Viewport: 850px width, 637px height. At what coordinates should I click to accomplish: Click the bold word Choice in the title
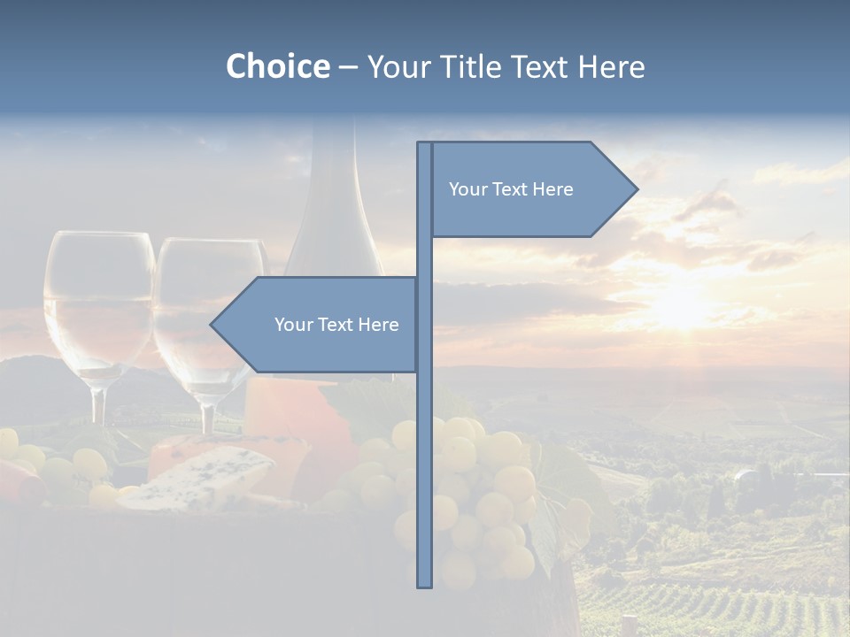tap(277, 67)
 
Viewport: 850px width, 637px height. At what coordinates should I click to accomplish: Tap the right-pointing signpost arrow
tap(531, 189)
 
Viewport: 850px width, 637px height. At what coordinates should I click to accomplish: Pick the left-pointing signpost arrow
tap(319, 325)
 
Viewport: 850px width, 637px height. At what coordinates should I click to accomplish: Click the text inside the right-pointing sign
tap(511, 189)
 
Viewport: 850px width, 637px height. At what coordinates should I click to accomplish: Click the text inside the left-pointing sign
tap(336, 325)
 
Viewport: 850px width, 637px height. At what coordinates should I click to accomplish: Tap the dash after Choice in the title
tap(348, 67)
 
